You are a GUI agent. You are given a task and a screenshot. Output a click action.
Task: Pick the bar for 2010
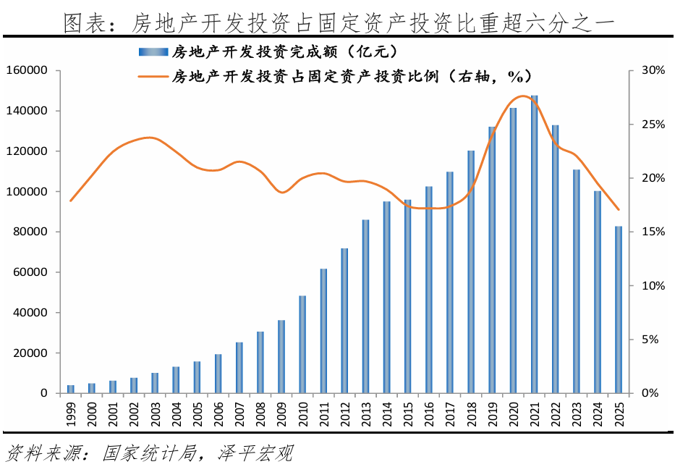coord(302,345)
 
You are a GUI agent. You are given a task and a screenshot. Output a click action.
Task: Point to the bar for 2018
coord(471,272)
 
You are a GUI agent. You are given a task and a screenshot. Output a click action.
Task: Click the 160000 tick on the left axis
coord(26,70)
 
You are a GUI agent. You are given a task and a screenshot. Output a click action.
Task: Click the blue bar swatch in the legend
coord(151,51)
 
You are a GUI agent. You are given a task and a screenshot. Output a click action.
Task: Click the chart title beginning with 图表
coord(337,23)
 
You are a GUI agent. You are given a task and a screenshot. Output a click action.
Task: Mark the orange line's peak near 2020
coord(520,96)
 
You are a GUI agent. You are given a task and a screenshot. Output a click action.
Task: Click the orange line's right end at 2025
coord(619,210)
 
